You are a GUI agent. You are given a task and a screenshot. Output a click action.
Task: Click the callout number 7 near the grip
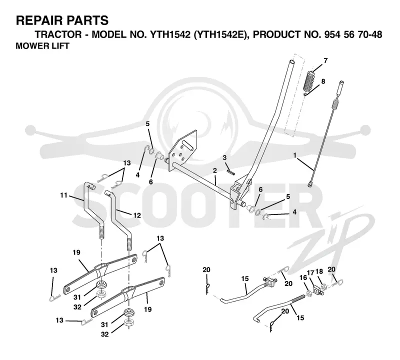[x=325, y=60]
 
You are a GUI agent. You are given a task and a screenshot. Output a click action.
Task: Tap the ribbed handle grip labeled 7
[x=309, y=80]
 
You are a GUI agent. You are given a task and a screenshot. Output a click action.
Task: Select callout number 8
[x=323, y=81]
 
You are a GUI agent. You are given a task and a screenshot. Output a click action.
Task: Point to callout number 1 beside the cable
[x=295, y=155]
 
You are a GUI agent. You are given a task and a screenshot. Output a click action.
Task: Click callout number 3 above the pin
[x=224, y=157]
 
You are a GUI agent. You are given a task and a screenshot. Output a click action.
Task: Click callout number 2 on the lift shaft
[x=215, y=170]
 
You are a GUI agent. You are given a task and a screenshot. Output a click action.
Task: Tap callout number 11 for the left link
[x=64, y=195]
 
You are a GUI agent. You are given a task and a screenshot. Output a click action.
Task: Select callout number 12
[x=137, y=215]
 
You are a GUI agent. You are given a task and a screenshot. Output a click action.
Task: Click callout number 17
[x=310, y=272]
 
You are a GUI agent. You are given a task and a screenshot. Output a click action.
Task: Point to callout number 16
[x=303, y=277]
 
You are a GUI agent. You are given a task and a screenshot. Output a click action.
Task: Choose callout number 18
[x=319, y=271]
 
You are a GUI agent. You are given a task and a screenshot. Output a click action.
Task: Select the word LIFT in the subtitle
[x=60, y=46]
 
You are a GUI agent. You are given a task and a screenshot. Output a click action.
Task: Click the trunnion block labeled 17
[x=317, y=290]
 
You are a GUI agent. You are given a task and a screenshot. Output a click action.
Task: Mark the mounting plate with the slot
[x=183, y=150]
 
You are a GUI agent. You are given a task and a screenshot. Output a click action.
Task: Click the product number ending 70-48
[x=353, y=34]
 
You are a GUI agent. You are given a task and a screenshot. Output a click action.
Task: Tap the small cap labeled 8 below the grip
[x=305, y=94]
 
